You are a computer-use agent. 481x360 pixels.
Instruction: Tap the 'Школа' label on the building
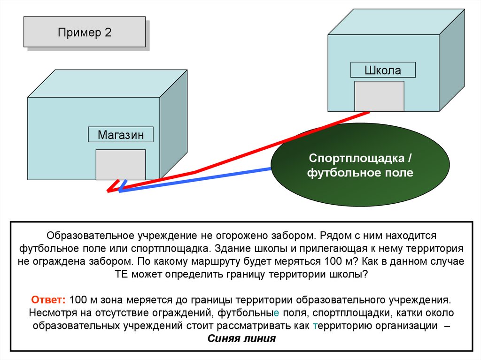coord(383,70)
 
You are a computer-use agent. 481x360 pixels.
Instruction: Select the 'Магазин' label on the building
coord(121,135)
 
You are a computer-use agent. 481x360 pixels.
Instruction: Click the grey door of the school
coord(379,96)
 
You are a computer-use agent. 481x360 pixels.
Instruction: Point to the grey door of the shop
coord(120,164)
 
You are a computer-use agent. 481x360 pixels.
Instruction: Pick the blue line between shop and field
coord(197,178)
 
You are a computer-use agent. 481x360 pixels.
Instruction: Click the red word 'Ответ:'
coord(49,299)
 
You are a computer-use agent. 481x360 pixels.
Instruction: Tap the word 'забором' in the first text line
coord(284,234)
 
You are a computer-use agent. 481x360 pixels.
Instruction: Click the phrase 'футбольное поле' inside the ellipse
coord(360,173)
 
